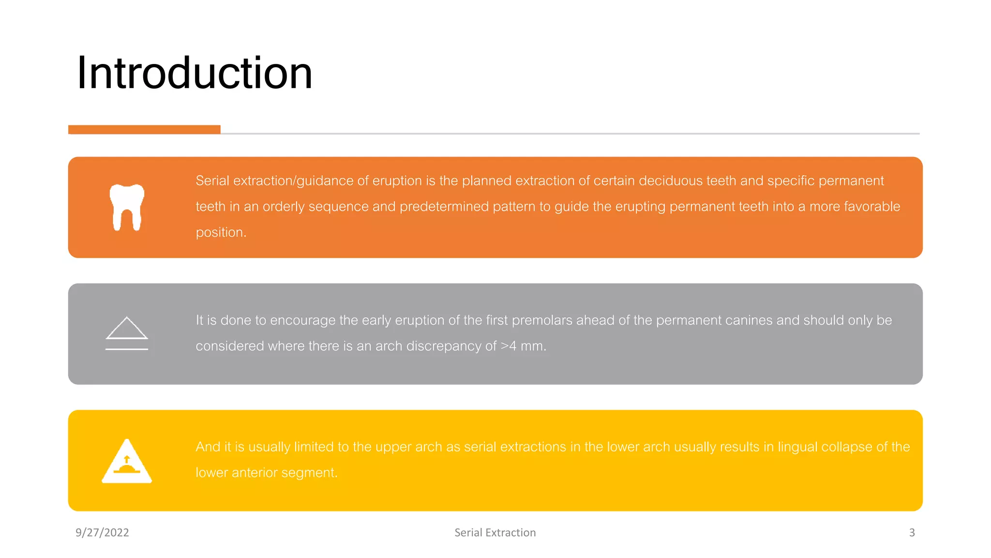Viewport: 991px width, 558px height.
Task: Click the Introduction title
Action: tap(195, 73)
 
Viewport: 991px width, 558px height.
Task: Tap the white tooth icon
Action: tap(127, 207)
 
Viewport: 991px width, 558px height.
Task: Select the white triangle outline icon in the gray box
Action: tap(127, 329)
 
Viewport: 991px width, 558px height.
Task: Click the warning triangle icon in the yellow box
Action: tap(127, 461)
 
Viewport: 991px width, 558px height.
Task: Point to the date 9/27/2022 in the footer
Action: tap(102, 532)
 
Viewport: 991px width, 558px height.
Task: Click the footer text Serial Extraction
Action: tap(495, 532)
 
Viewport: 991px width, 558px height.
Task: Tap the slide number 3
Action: tap(912, 532)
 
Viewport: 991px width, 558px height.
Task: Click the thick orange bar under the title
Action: tap(144, 129)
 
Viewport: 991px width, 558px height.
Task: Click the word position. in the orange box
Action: tap(221, 232)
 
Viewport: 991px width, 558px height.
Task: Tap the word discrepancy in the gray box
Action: tap(444, 346)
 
